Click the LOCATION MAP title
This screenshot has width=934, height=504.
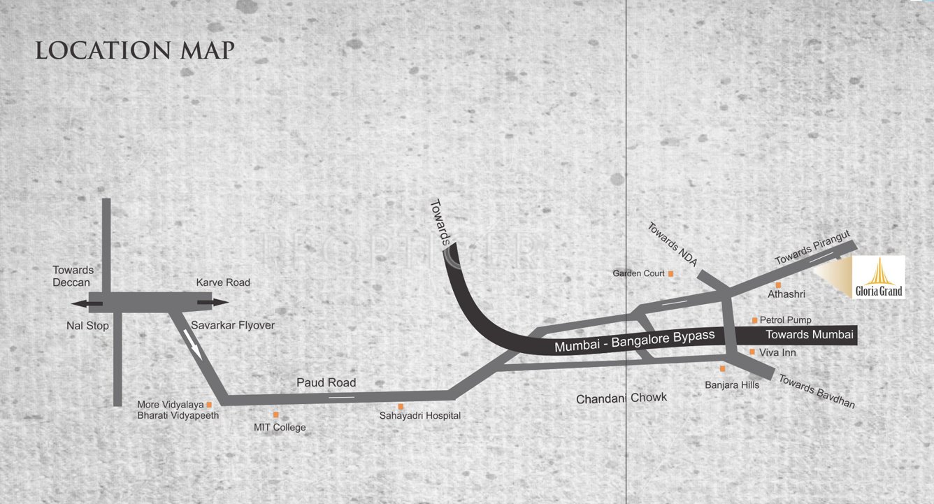135,50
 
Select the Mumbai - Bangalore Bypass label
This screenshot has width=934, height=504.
634,340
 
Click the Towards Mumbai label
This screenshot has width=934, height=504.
810,335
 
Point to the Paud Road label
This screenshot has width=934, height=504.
326,382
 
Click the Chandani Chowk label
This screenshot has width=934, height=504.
622,398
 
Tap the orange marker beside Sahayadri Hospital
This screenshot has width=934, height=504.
401,406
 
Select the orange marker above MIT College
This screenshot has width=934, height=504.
276,415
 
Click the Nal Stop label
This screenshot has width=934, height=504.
88,325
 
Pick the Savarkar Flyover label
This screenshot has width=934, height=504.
233,325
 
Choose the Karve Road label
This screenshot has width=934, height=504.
223,282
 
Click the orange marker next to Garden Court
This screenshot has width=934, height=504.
670,273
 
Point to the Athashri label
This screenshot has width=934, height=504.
786,294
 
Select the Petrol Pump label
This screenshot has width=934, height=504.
786,320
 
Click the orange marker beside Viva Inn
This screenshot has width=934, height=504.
752,352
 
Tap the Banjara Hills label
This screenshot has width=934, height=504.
732,384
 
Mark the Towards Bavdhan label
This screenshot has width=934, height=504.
817,391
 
